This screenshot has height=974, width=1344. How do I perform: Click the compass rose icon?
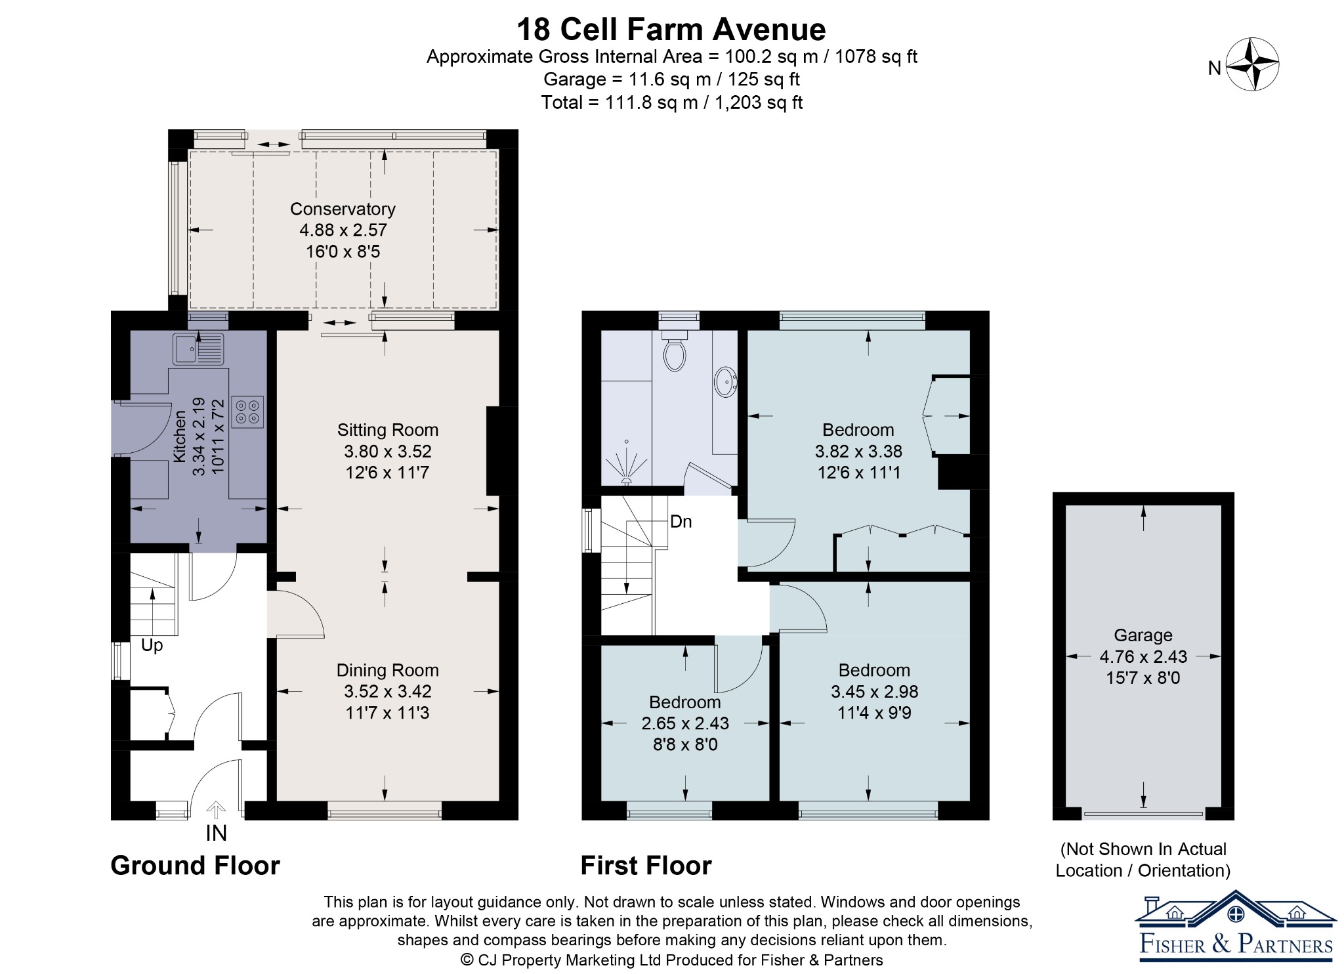click(1252, 64)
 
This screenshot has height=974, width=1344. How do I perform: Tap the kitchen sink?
click(199, 349)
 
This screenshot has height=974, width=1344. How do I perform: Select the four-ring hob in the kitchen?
click(248, 412)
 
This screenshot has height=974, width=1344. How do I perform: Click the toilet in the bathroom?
click(675, 350)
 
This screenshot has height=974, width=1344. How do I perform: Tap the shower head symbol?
click(626, 463)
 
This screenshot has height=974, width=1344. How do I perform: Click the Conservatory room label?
click(343, 209)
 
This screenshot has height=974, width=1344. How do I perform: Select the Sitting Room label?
click(388, 430)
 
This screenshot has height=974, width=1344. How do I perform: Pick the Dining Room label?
click(388, 670)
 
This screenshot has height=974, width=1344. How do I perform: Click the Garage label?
click(1143, 635)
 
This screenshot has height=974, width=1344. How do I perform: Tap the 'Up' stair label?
click(152, 645)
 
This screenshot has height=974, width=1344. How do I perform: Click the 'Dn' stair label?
click(681, 522)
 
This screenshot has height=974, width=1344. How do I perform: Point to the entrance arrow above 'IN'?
click(216, 810)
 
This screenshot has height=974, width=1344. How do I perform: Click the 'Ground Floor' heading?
click(195, 866)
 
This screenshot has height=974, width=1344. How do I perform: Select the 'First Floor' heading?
click(646, 866)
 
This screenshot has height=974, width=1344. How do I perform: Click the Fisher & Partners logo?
click(1236, 926)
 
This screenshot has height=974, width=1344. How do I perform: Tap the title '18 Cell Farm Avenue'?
click(671, 30)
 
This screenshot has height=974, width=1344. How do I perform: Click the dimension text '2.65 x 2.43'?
click(685, 723)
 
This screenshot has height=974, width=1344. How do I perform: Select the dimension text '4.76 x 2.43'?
click(1143, 656)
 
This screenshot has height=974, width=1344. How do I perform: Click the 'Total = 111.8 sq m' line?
click(672, 102)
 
